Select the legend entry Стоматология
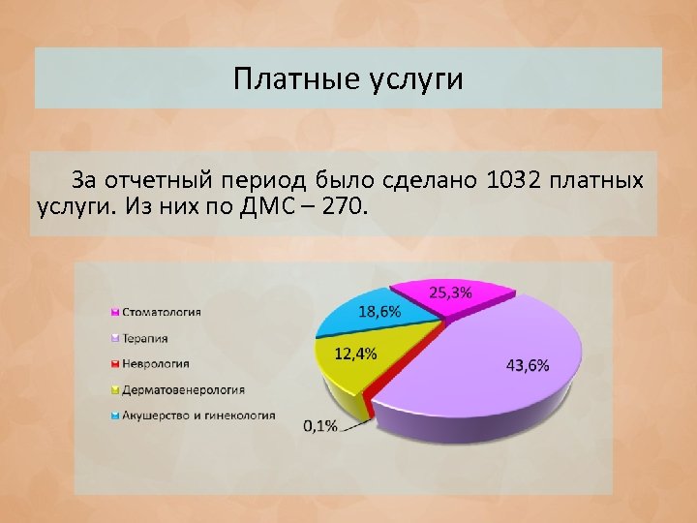(x=161, y=312)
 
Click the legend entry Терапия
(x=144, y=338)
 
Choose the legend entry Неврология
(x=155, y=364)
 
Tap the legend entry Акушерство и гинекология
(x=197, y=415)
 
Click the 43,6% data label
(x=528, y=365)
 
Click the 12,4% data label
(x=355, y=354)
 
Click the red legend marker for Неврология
(x=115, y=364)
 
